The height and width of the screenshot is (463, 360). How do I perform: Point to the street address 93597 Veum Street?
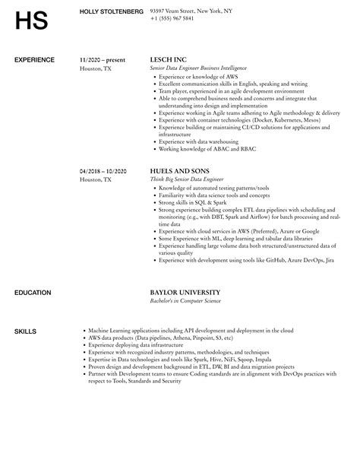click(181, 10)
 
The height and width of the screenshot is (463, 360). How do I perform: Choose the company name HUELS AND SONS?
click(180, 171)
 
